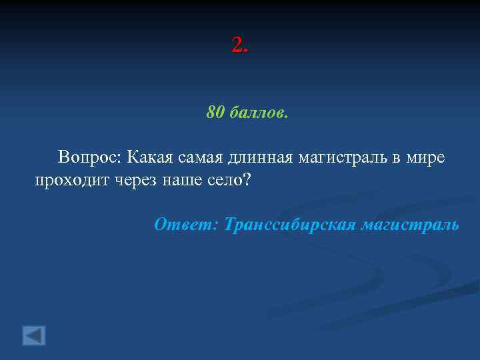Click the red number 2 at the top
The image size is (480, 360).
(237, 46)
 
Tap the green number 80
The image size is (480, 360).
(216, 113)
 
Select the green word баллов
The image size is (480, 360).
(259, 113)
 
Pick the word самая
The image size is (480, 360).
(201, 159)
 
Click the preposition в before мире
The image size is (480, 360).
(396, 159)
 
